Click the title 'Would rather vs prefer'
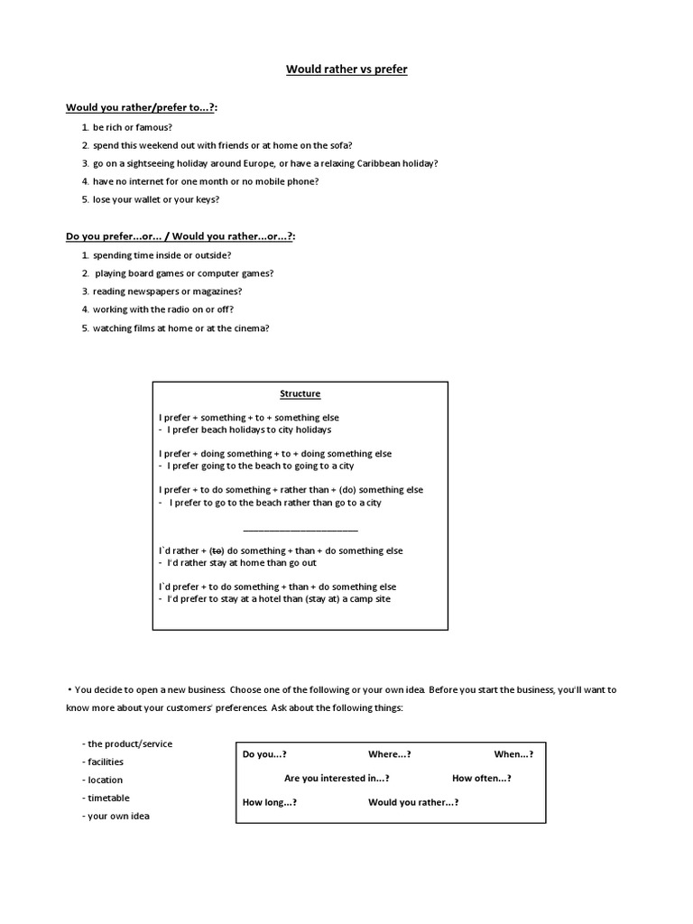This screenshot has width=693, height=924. (x=346, y=69)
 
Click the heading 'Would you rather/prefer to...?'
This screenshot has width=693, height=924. (x=142, y=107)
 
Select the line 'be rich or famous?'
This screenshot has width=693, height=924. (x=132, y=127)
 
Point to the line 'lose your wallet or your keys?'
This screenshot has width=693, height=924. (x=155, y=199)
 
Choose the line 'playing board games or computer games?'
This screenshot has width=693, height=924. (x=184, y=273)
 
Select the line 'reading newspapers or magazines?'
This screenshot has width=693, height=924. (x=167, y=291)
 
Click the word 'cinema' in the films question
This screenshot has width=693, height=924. (x=248, y=328)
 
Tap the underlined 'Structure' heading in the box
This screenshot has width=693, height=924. (x=300, y=393)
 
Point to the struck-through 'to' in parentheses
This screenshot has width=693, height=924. (x=216, y=550)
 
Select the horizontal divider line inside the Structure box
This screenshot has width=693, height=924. (x=300, y=531)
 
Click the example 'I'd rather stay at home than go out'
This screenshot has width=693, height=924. (x=241, y=563)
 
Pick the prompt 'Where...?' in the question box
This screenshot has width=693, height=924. (x=389, y=754)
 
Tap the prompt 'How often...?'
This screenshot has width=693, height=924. (x=481, y=778)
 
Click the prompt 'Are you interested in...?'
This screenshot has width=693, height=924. (x=337, y=778)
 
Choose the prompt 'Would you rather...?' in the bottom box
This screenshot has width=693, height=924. (x=412, y=801)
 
